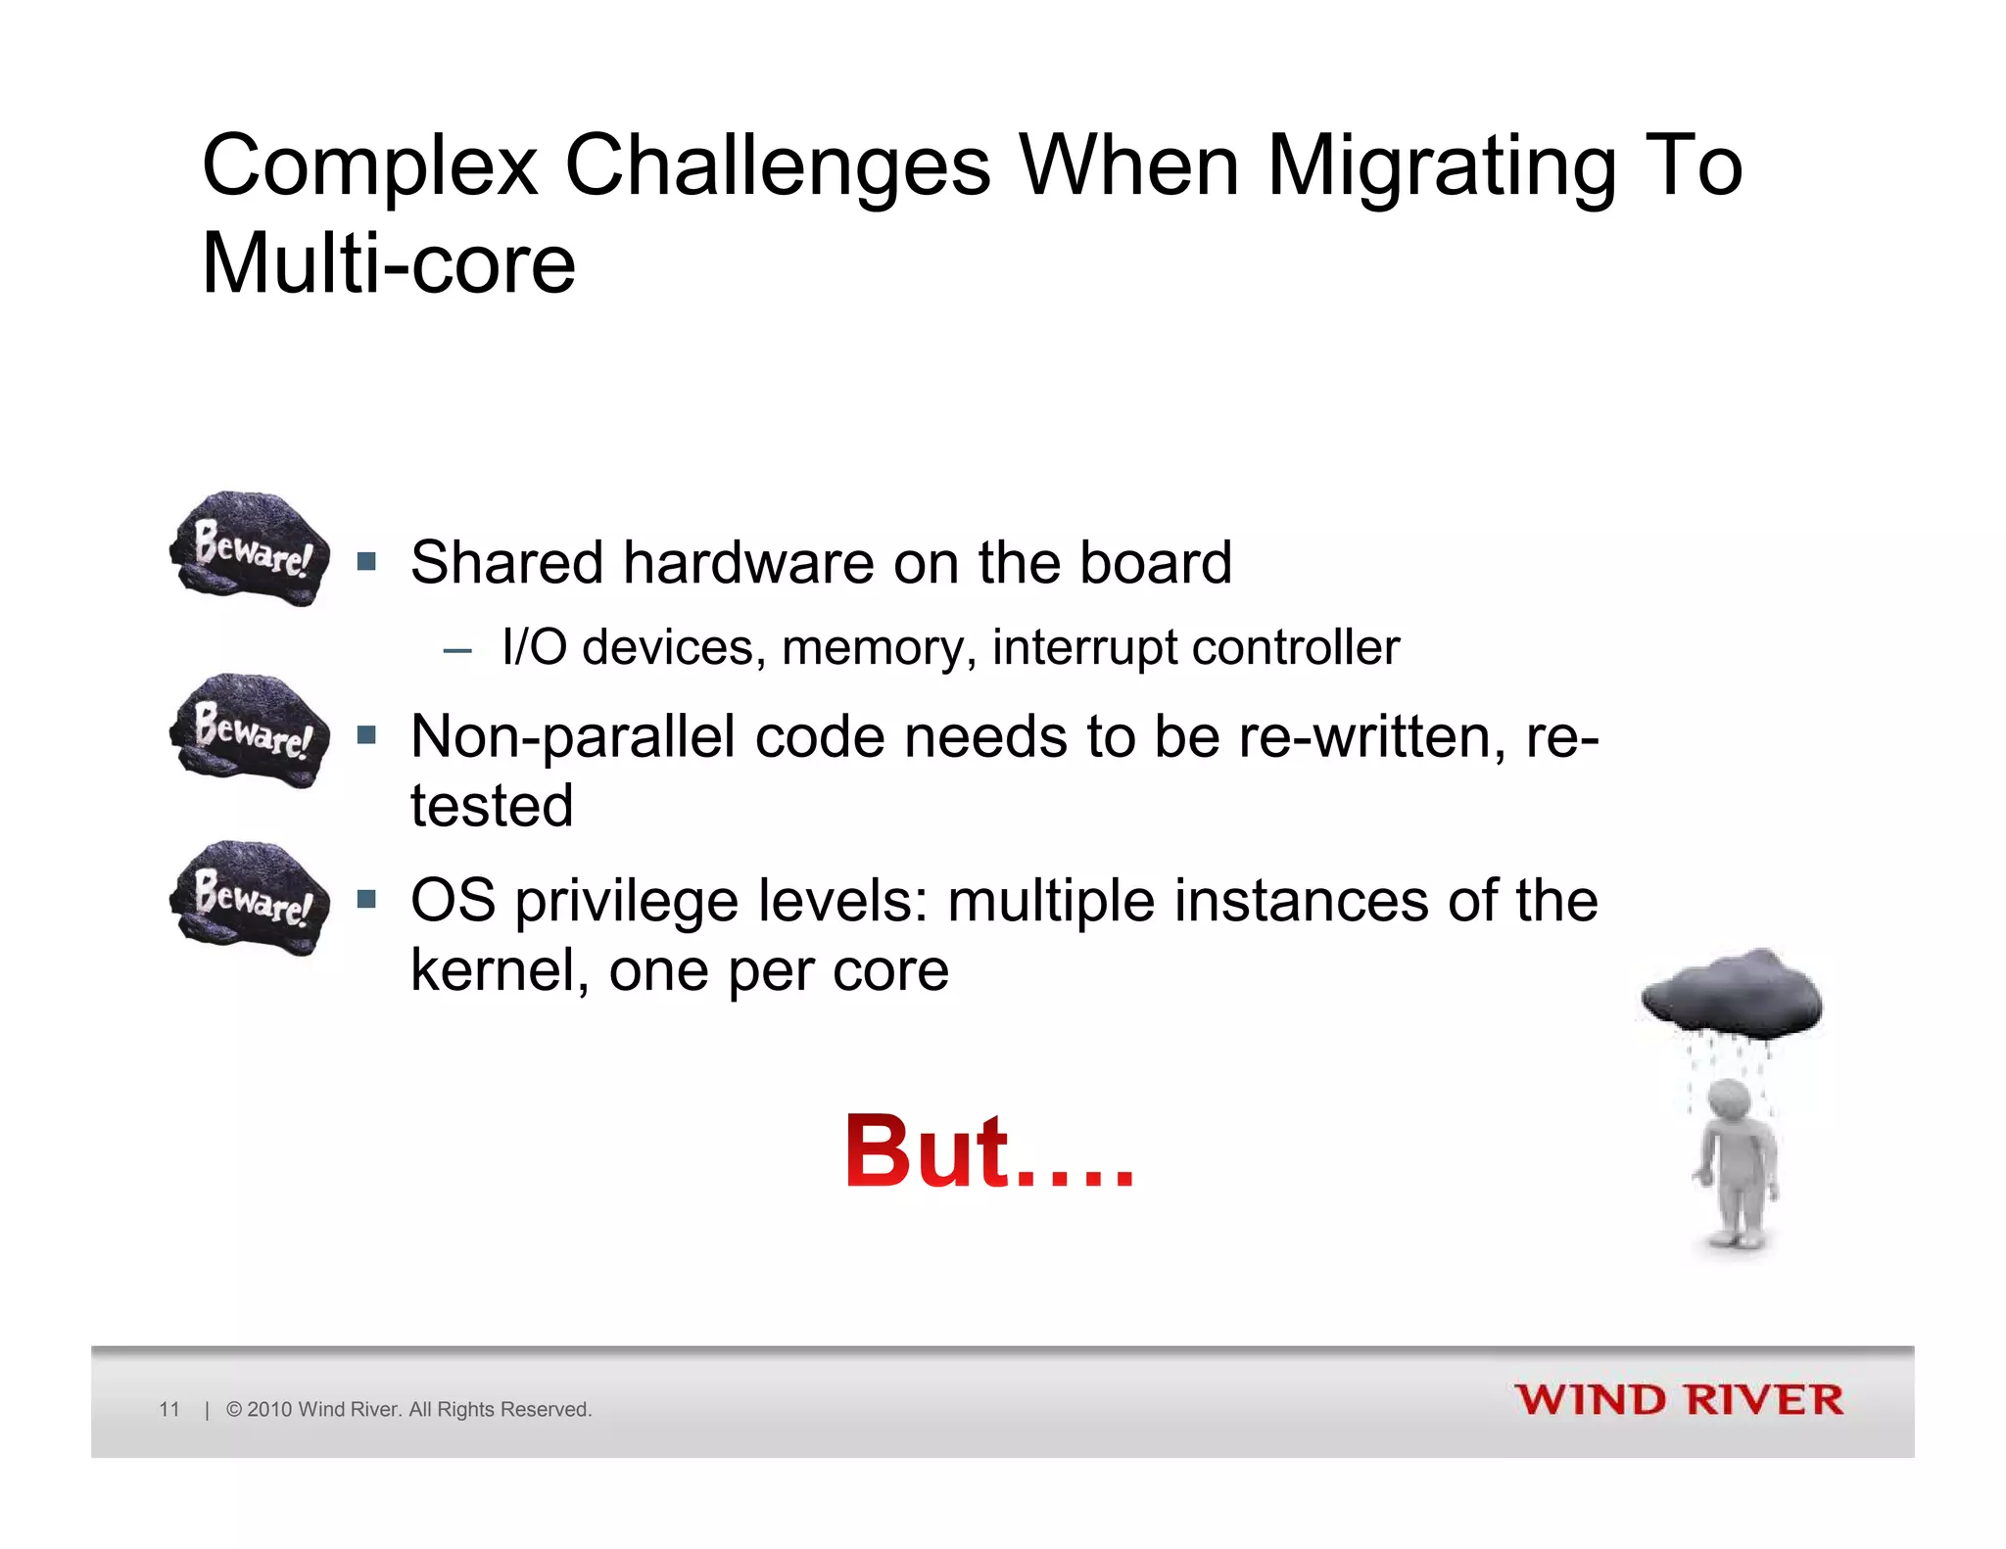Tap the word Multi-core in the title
point(388,264)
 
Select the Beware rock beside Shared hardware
point(250,549)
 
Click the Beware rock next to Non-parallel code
point(250,731)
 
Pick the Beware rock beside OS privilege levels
point(250,898)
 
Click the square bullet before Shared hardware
point(367,562)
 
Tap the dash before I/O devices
point(456,649)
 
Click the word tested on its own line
point(492,806)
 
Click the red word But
point(926,1152)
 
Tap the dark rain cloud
point(1732,994)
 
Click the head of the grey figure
point(1729,1100)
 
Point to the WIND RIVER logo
point(1679,1400)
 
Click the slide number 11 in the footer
point(169,1409)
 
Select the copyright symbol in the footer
point(234,1409)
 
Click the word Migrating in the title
point(1441,166)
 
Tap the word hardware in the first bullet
point(748,563)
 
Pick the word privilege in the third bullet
point(627,901)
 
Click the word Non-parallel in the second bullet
point(572,736)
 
